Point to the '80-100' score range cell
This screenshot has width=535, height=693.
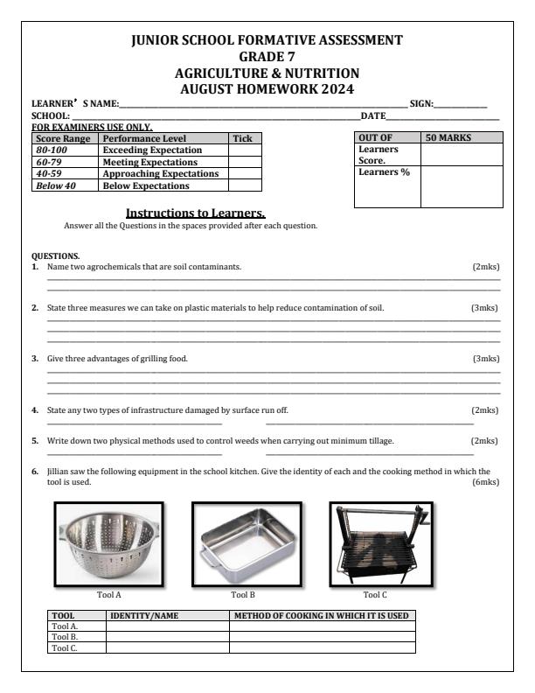point(54,150)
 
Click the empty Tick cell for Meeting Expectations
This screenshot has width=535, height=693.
point(245,162)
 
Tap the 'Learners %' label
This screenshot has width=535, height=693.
point(378,172)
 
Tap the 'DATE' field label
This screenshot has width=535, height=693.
point(373,116)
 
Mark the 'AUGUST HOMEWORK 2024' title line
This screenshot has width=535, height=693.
point(267,88)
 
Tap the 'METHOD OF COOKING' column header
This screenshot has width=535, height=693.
point(321,616)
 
